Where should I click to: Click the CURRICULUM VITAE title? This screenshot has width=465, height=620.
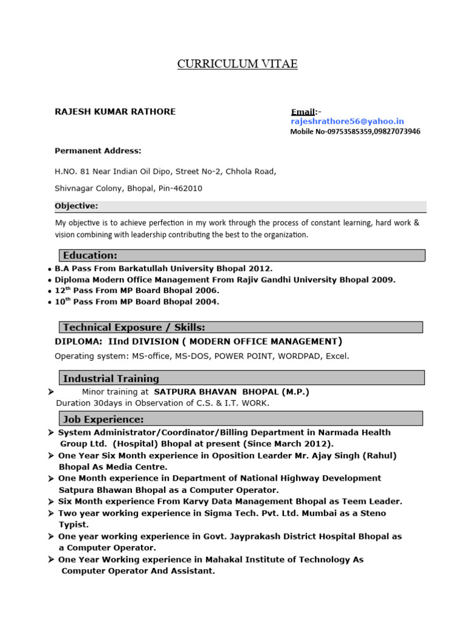(x=237, y=64)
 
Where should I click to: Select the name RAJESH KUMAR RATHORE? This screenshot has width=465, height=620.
(x=115, y=112)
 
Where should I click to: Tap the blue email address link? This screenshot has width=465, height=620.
(x=347, y=122)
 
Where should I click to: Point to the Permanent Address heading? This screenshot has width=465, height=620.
(x=98, y=151)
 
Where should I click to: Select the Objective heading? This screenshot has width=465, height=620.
(x=76, y=206)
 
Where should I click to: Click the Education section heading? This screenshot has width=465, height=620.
(x=90, y=256)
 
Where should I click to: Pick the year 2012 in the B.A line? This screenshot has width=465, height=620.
(x=260, y=268)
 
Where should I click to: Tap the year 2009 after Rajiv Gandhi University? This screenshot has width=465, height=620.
(x=383, y=280)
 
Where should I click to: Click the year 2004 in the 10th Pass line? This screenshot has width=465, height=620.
(x=208, y=302)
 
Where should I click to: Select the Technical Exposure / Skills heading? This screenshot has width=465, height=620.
(x=134, y=328)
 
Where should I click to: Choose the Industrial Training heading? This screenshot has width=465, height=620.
(x=111, y=379)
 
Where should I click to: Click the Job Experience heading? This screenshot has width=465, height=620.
(x=103, y=419)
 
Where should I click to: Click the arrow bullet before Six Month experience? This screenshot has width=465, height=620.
(x=51, y=501)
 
